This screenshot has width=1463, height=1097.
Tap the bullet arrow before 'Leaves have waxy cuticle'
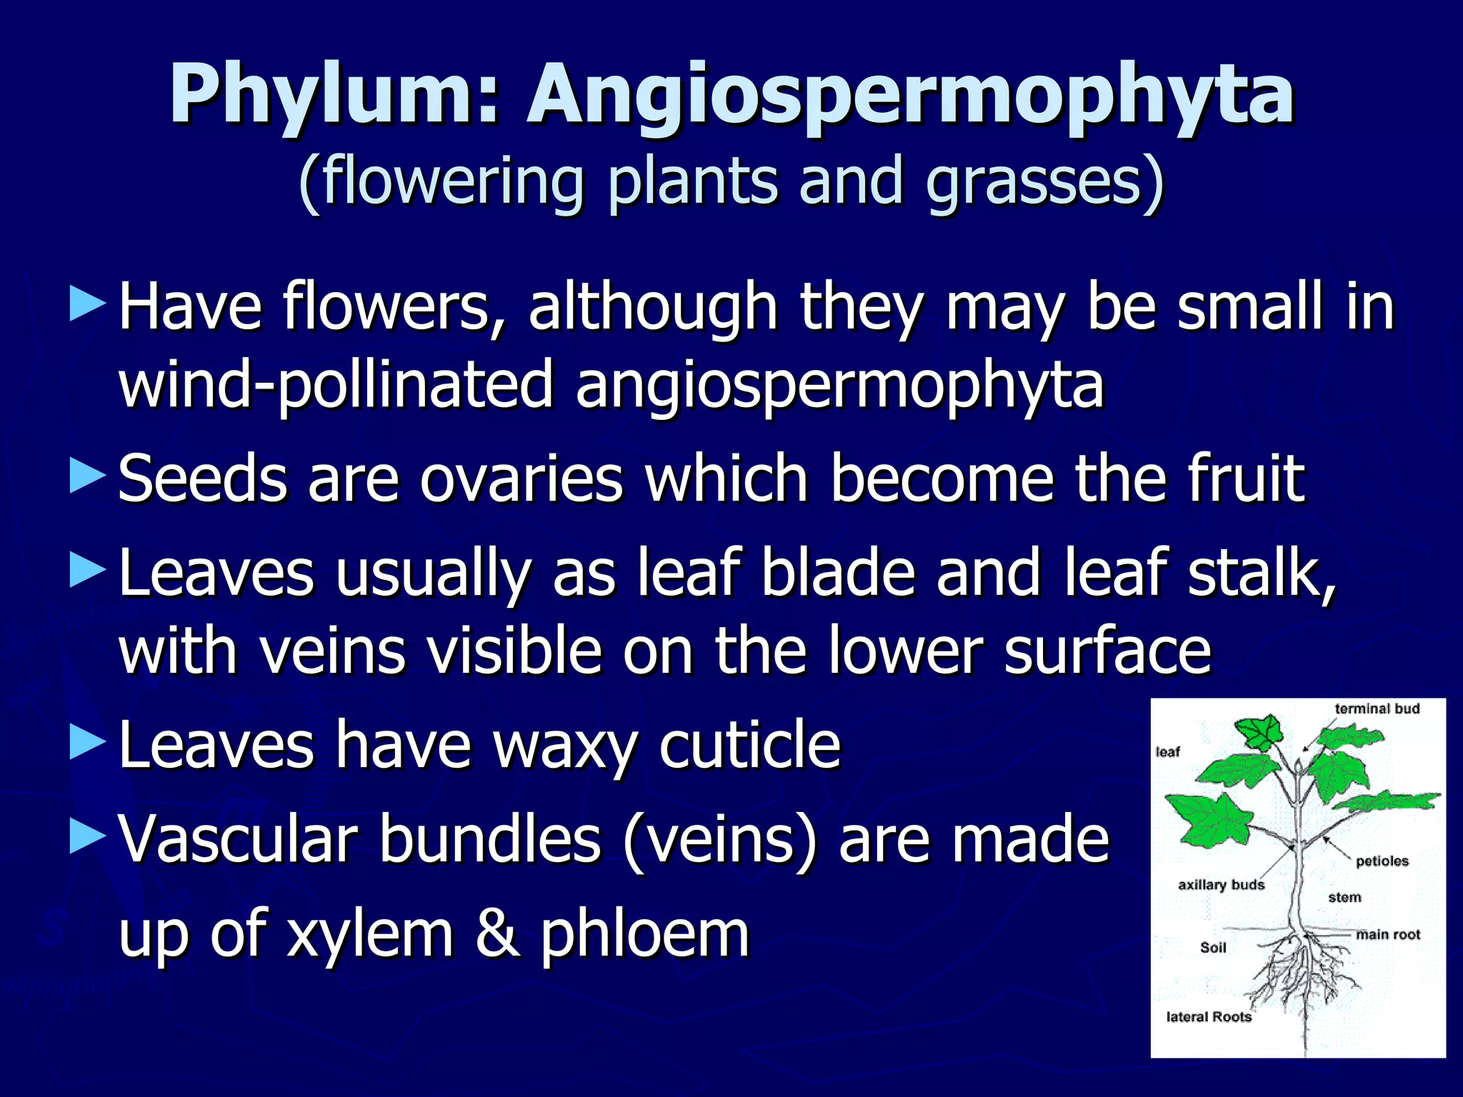(88, 743)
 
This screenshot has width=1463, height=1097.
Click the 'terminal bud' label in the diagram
(1377, 708)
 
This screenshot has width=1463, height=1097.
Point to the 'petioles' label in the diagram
(1382, 861)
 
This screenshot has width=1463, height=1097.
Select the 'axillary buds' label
(1221, 885)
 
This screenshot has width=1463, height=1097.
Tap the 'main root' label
(1388, 935)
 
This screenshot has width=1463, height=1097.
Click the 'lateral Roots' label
(1209, 1017)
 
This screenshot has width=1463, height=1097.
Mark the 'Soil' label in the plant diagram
(1213, 948)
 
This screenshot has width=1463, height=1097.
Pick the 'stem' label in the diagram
(1344, 898)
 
